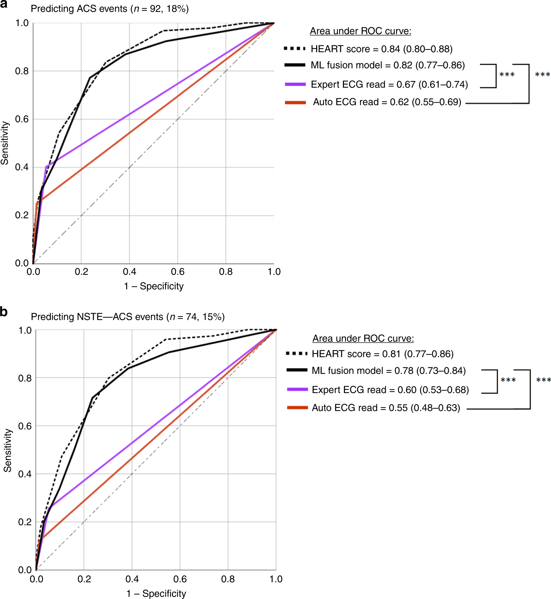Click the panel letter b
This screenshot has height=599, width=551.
[4, 312]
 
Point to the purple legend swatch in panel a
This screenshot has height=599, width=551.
[295, 84]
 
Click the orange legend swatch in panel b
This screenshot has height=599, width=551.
[297, 408]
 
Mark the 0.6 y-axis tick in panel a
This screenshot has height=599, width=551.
[22, 119]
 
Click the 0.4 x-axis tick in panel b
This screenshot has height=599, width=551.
[132, 579]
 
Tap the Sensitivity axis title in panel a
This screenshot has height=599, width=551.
[5, 143]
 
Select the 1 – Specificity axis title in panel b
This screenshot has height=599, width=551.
[156, 593]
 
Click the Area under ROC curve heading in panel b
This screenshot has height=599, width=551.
[363, 338]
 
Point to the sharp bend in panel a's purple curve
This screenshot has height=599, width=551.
[46, 167]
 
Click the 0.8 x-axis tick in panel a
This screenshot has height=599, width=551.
[226, 272]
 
